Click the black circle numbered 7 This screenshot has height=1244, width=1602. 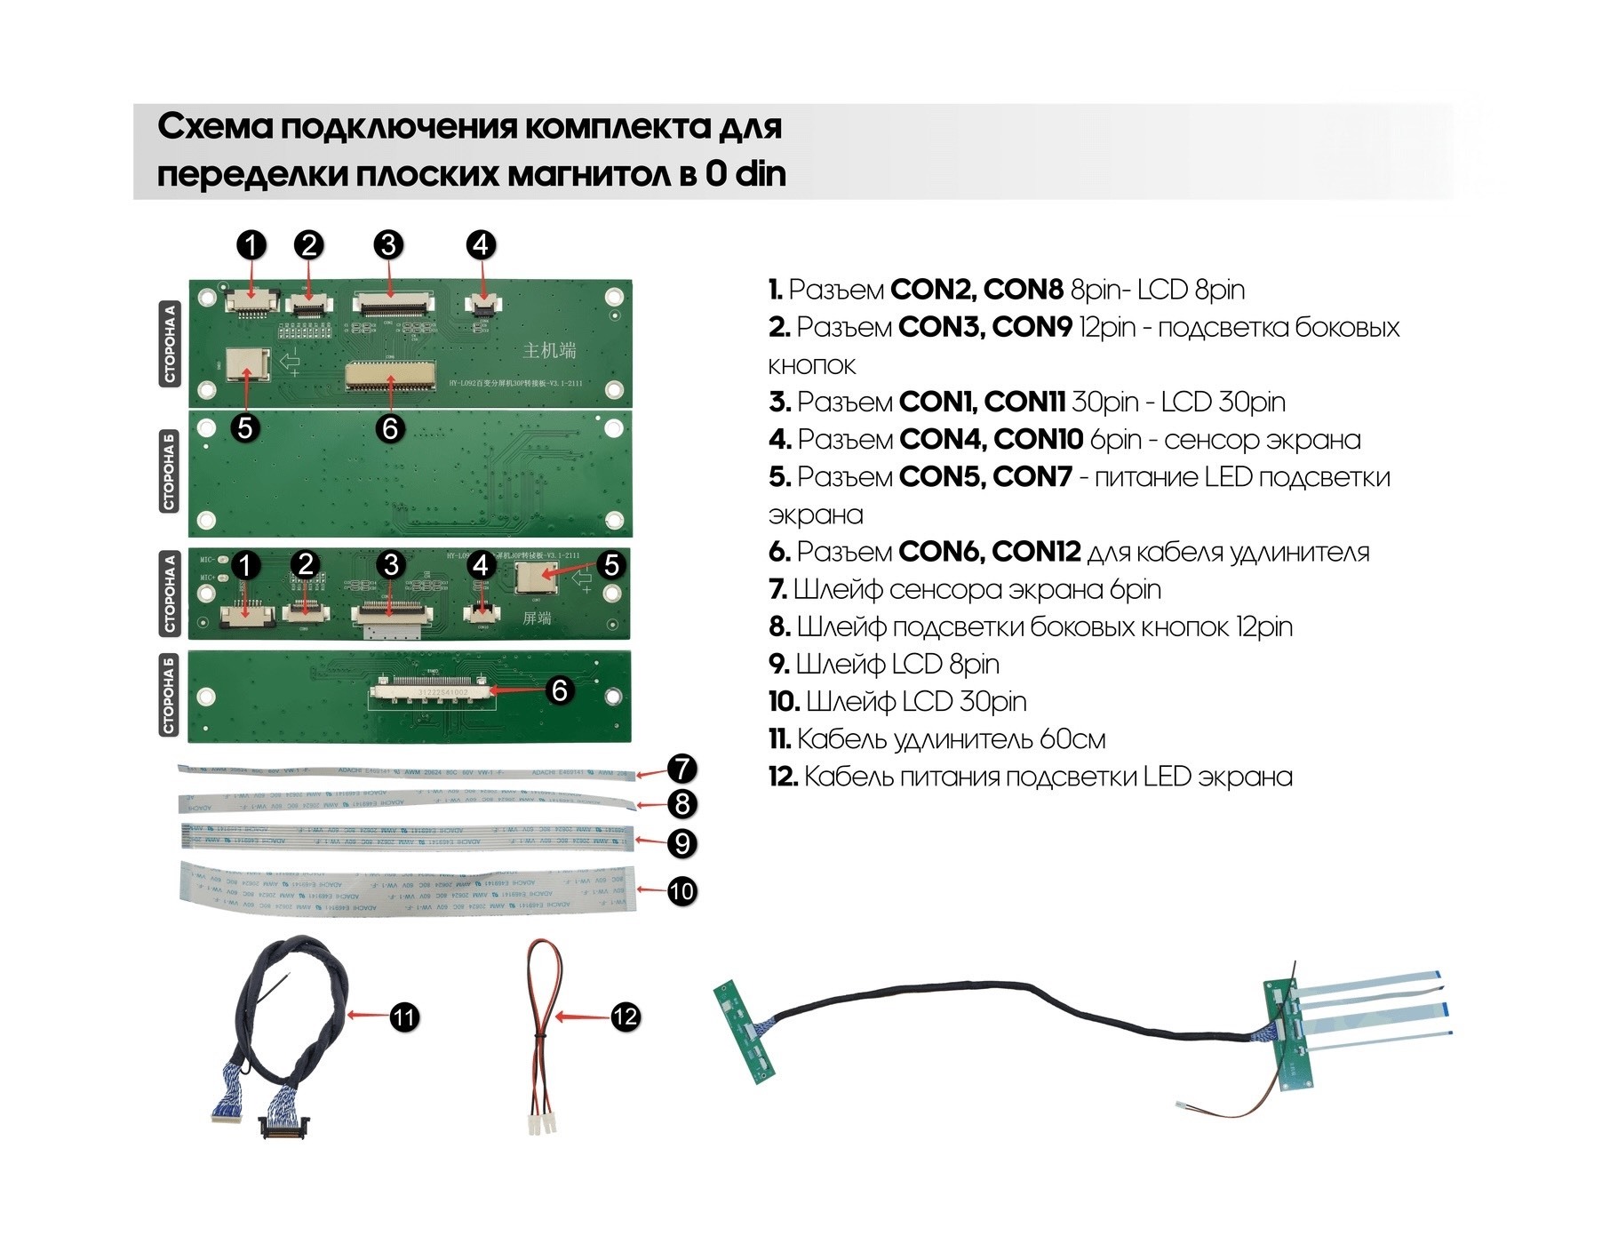(x=681, y=769)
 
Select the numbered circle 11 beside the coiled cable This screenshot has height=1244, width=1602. (x=404, y=1017)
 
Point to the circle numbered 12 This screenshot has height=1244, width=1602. (x=626, y=1017)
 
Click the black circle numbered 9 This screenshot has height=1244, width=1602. (x=681, y=842)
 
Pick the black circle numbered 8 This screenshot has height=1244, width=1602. (x=681, y=804)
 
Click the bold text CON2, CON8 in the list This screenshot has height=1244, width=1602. (x=976, y=290)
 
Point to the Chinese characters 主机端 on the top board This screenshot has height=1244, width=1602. (x=549, y=350)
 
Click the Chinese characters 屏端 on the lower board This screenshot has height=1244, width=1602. (x=537, y=618)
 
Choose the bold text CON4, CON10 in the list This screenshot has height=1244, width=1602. (x=991, y=440)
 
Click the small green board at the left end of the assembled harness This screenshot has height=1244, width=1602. (x=745, y=1031)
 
